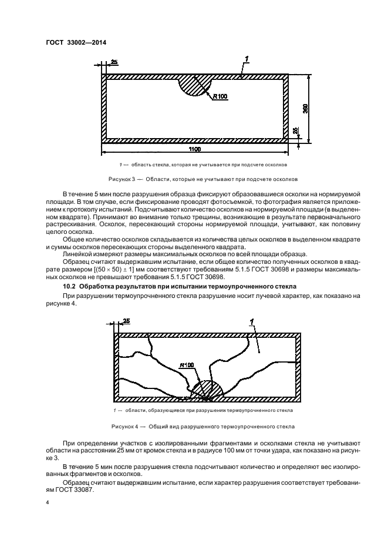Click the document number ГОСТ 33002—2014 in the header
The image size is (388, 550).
click(x=72, y=42)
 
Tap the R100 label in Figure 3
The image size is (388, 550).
click(x=220, y=96)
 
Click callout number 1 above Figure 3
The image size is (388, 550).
click(x=247, y=59)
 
